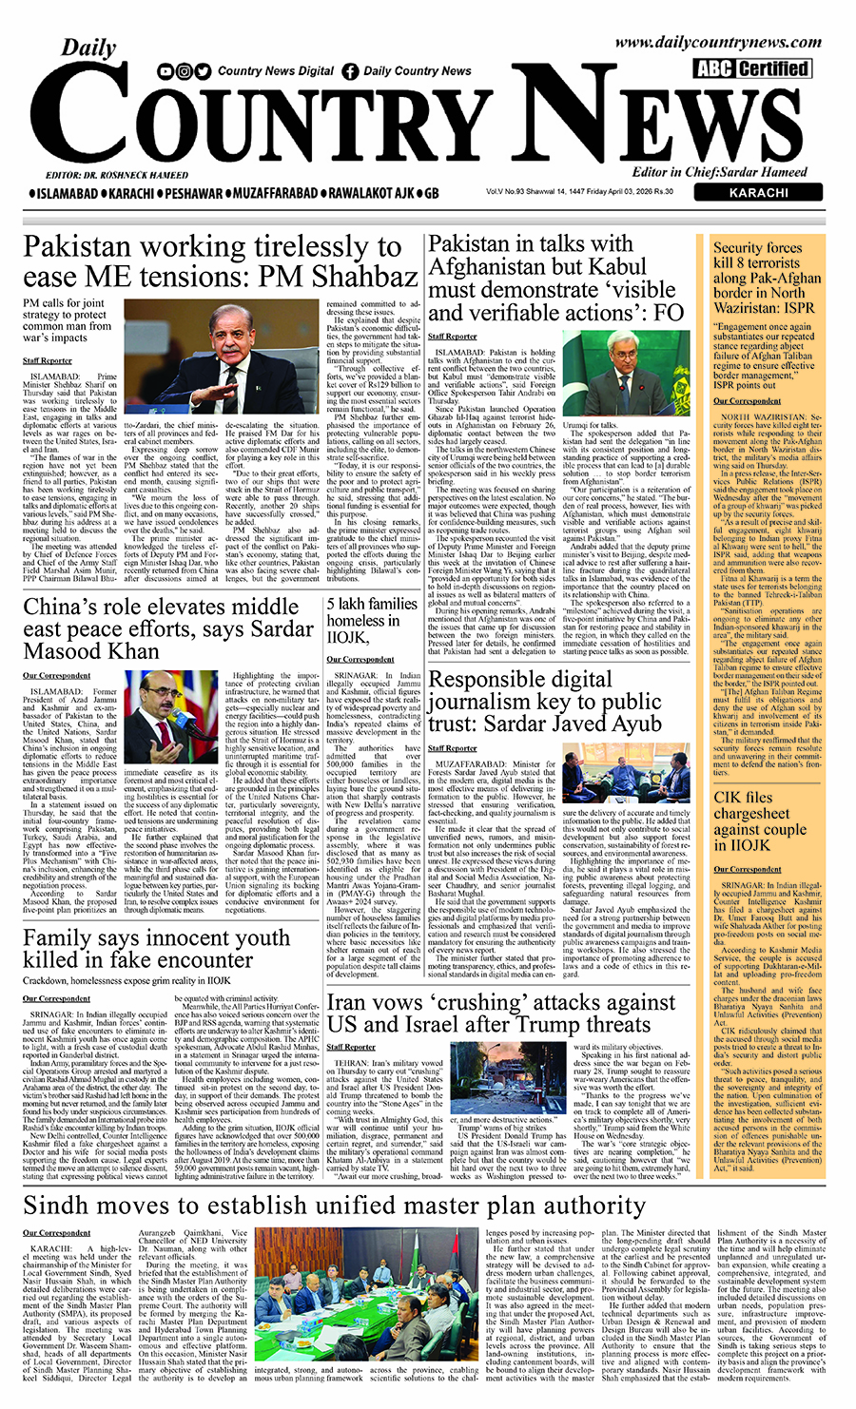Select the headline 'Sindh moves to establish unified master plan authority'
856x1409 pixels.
click(334, 1206)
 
